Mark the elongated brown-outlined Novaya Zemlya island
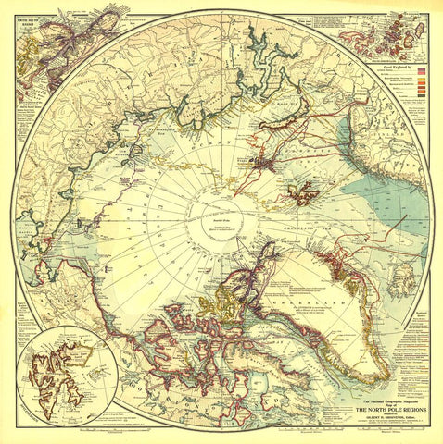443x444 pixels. (x=273, y=139)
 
